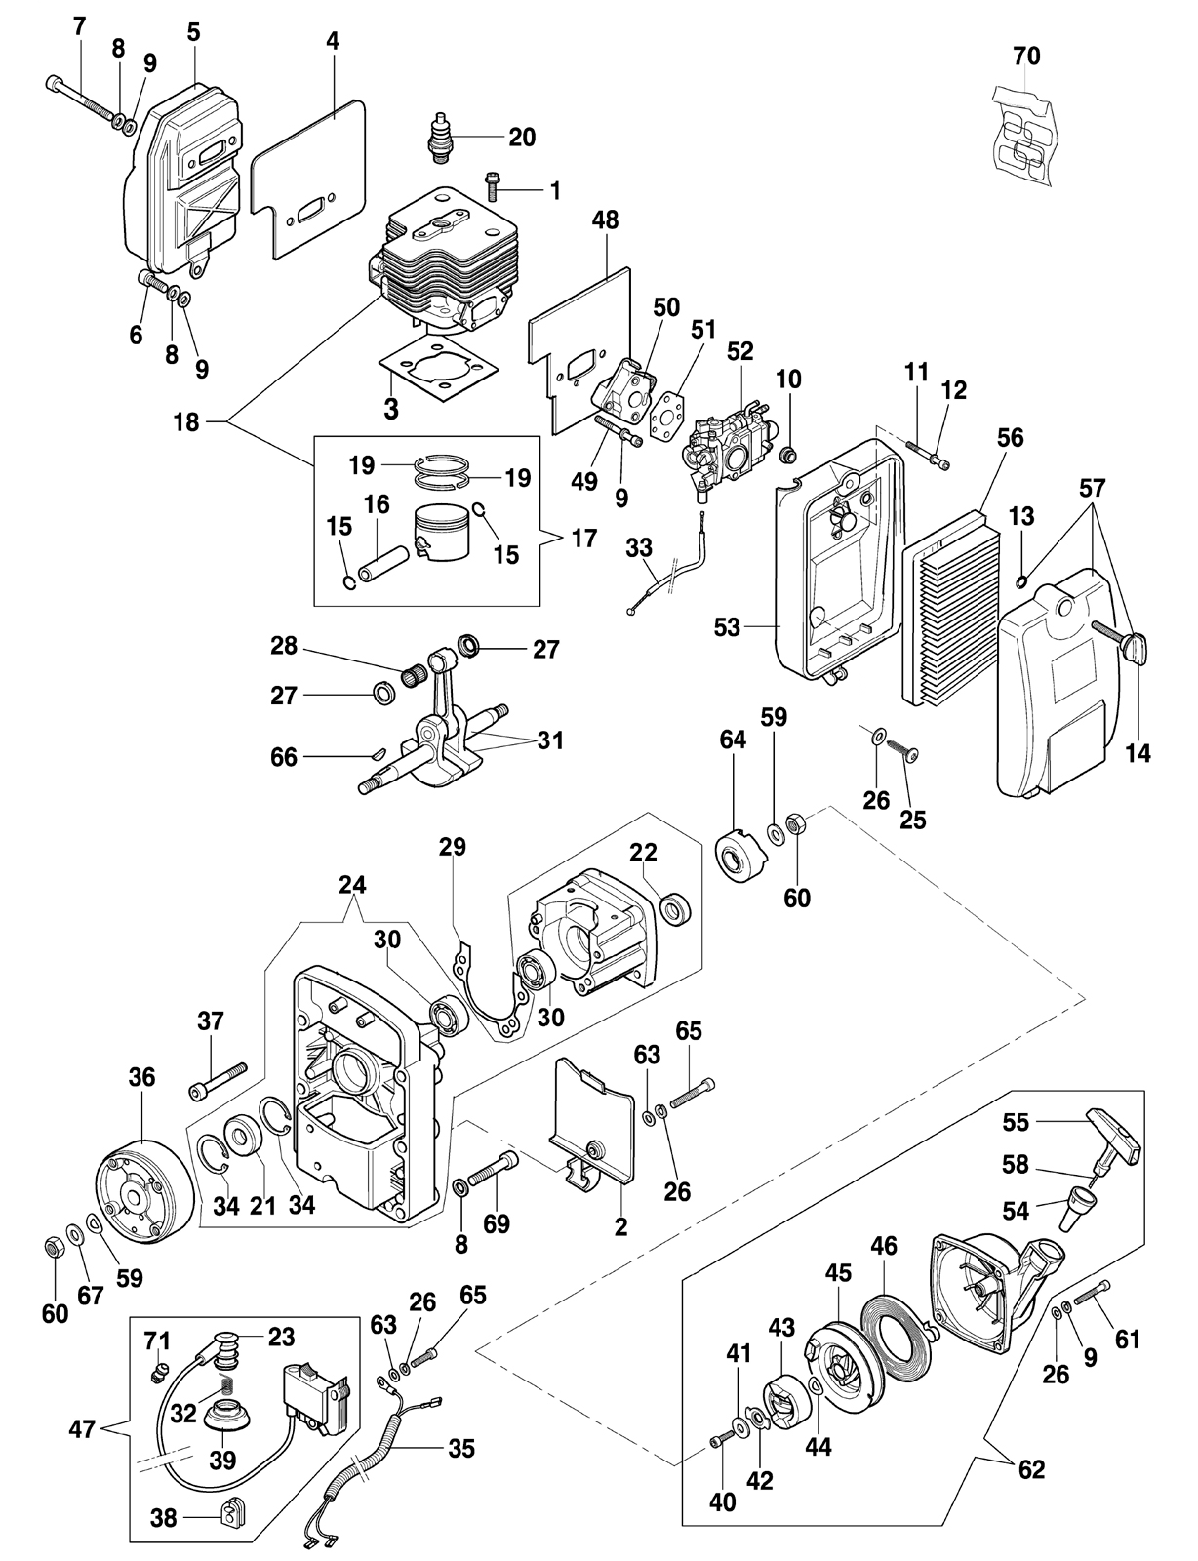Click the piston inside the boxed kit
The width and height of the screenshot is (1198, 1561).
(x=440, y=534)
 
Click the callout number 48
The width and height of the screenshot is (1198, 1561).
(x=605, y=220)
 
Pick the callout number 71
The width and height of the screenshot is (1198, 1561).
(x=157, y=1341)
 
